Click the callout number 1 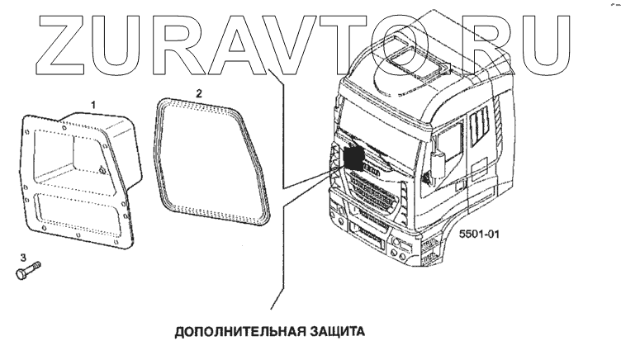tap(93, 104)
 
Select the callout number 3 tap(22, 258)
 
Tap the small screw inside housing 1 tap(101, 171)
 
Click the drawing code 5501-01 tap(480, 234)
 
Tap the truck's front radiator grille tap(372, 198)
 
